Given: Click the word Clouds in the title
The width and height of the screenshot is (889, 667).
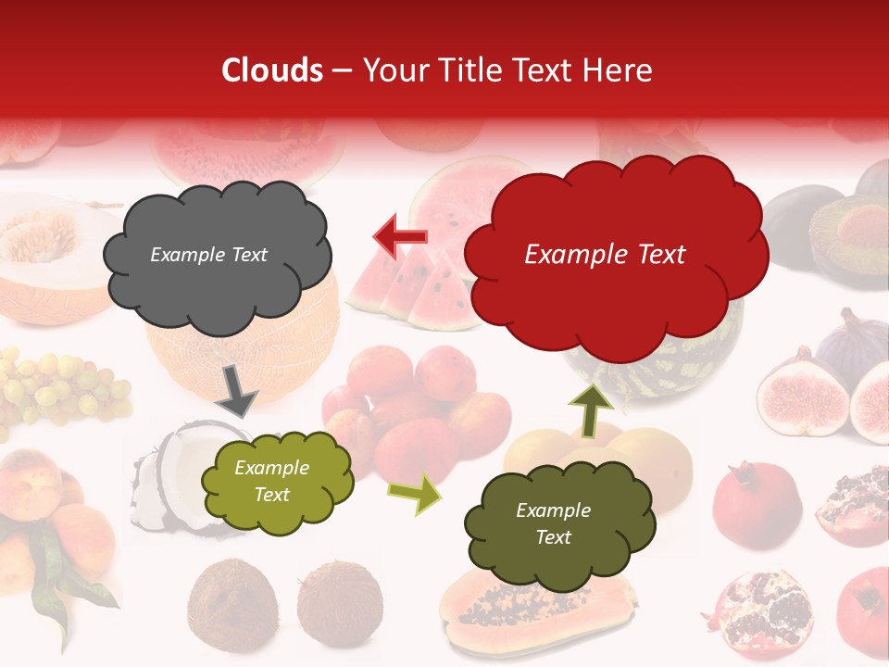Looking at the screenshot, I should coord(272,70).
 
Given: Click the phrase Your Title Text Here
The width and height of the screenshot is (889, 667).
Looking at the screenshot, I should coord(507,70).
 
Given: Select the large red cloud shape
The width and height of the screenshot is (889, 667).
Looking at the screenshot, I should coord(615,254).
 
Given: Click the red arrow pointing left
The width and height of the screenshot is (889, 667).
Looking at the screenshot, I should coord(400,237).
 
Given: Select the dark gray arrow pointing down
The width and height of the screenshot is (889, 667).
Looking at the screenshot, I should coord(237,391).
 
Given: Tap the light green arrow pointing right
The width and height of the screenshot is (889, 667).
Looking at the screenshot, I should coord(414,494).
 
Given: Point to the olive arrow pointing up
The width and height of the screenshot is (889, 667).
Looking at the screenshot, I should coord(590,410).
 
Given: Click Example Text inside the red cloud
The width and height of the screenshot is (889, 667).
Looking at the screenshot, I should coord(605,255).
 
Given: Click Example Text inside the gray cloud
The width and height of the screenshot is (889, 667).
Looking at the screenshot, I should coord(208,255).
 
